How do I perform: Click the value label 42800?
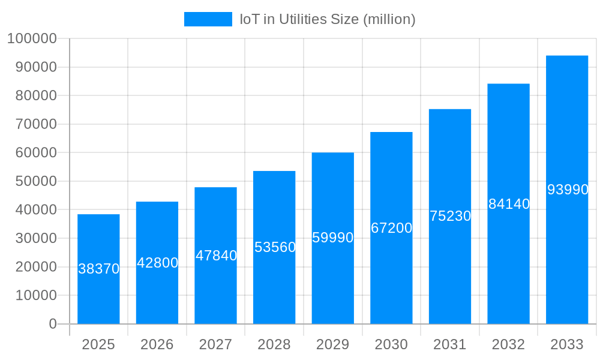[x=157, y=263]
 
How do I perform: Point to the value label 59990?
[x=333, y=238]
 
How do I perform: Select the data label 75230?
[x=450, y=216]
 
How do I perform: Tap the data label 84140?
[x=509, y=204]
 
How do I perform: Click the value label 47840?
[x=216, y=256]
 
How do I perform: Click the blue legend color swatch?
[x=208, y=19]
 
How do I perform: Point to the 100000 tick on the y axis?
[x=32, y=39]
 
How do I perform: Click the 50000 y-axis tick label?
[x=35, y=181]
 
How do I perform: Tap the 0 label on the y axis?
[x=52, y=324]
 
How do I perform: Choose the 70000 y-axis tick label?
[x=35, y=124]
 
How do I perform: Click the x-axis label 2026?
[x=157, y=344]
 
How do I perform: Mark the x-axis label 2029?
[x=333, y=344]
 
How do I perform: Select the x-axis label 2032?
[x=509, y=344]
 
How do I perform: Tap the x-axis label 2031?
[x=450, y=344]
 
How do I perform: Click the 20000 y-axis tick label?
[x=35, y=267]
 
